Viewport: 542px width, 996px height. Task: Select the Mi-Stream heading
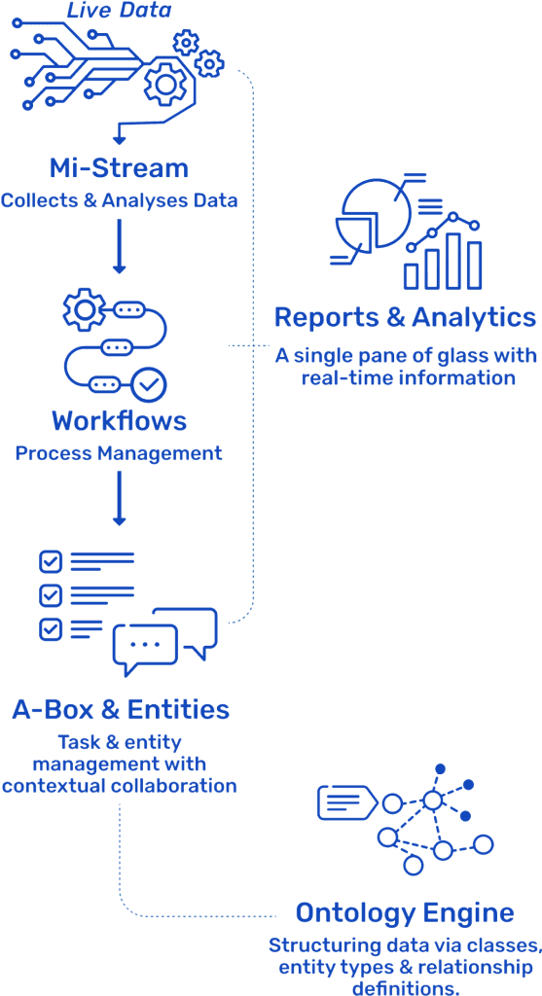coord(119,168)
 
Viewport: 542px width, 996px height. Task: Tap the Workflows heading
coord(120,420)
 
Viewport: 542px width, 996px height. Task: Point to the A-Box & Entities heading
coord(121,709)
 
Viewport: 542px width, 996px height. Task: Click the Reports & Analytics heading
coord(406,316)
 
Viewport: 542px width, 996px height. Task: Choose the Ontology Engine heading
coord(406,912)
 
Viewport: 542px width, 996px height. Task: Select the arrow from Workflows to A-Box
coord(119,498)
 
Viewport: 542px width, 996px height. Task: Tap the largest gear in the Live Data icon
coord(164,84)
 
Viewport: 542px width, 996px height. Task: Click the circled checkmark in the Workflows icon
coord(149,383)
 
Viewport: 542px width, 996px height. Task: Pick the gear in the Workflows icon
coord(84,309)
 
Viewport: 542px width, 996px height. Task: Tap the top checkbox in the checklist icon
coord(50,561)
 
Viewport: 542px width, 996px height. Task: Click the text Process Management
coord(119,453)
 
